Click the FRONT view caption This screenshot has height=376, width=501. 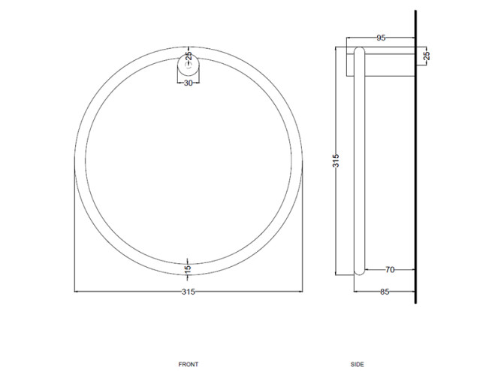pos(189,364)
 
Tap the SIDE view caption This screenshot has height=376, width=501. pos(357,364)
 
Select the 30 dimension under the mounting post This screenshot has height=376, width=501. pos(189,83)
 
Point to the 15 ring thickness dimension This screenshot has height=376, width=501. pos(189,268)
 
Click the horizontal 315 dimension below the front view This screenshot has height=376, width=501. pos(189,292)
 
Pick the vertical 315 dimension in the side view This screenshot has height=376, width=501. pos(336,161)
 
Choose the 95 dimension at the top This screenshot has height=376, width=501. pos(381,38)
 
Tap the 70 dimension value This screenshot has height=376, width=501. pos(390,270)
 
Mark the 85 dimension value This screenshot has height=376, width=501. pos(385,292)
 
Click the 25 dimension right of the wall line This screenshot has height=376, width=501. pos(427,56)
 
